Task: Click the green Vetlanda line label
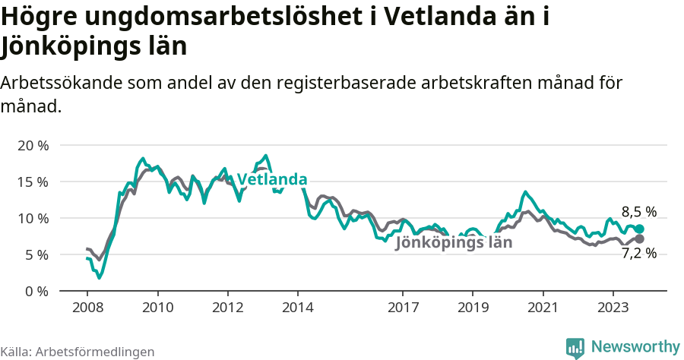[x=272, y=180]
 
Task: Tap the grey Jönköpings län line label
[x=454, y=243]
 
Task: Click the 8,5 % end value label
[x=638, y=212]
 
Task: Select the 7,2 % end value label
[x=638, y=254]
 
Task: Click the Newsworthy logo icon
[x=575, y=347]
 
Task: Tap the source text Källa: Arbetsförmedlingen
[x=78, y=352]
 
